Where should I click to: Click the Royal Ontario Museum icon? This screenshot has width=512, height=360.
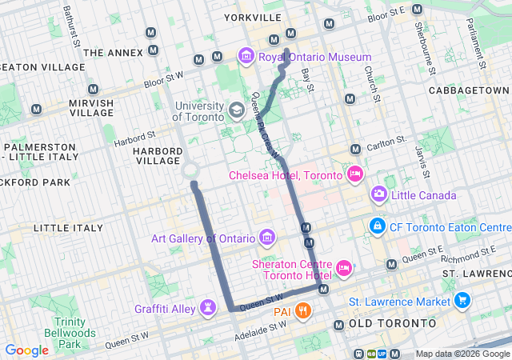(246, 57)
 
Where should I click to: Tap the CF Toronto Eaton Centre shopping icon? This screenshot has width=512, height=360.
(377, 226)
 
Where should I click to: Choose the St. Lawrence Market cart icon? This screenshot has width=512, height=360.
(462, 301)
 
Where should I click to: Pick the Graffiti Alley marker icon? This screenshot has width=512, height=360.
(208, 307)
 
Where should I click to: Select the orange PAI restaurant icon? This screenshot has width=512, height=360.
(302, 310)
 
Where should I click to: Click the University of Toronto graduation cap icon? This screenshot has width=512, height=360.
(237, 110)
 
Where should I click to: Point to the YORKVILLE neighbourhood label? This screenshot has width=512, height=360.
(253, 17)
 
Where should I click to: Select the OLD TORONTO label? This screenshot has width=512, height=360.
(393, 323)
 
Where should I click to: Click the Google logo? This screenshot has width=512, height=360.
(27, 350)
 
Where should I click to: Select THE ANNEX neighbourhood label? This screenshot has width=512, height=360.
(114, 53)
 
